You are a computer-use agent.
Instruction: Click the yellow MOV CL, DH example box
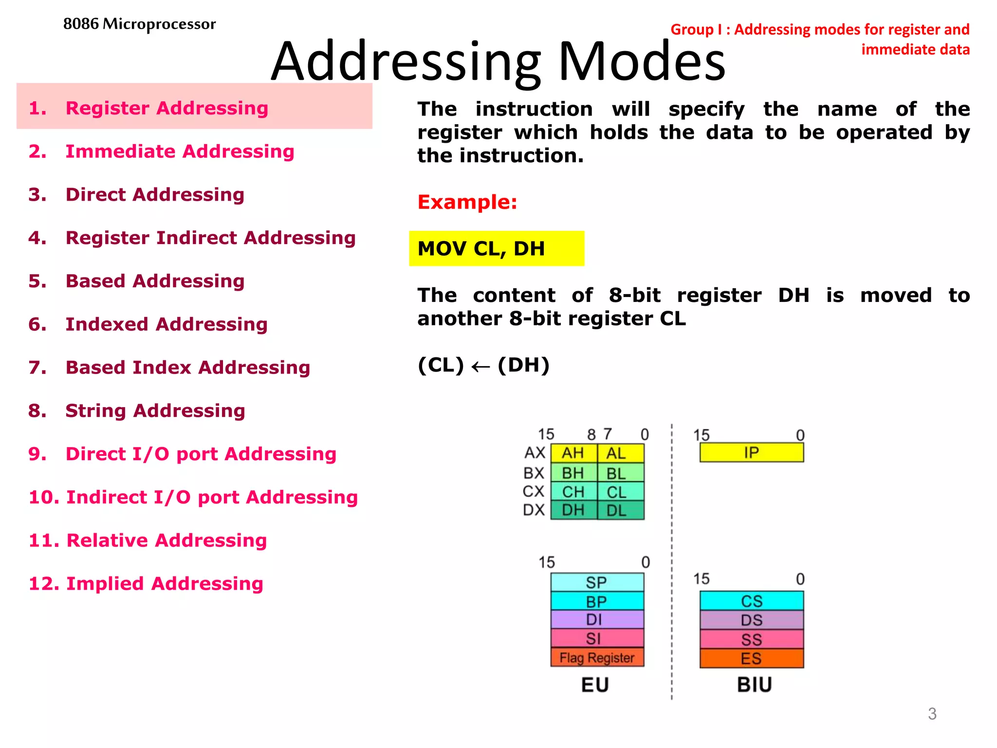496,248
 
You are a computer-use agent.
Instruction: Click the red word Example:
467,202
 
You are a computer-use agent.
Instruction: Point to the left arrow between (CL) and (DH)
480,366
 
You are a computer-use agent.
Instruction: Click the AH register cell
573,453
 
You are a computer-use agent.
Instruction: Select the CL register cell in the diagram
616,492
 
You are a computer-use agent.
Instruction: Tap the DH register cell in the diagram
573,510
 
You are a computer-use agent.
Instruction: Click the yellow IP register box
751,452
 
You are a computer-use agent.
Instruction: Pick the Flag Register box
597,657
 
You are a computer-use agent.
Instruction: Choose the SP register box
597,582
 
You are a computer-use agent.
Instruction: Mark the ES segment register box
751,658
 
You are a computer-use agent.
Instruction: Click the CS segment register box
751,601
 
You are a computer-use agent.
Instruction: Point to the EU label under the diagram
595,685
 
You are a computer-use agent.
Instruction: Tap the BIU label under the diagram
754,685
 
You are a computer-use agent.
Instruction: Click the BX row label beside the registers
534,473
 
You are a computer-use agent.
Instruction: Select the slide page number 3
932,713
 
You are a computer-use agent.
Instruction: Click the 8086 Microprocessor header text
139,24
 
